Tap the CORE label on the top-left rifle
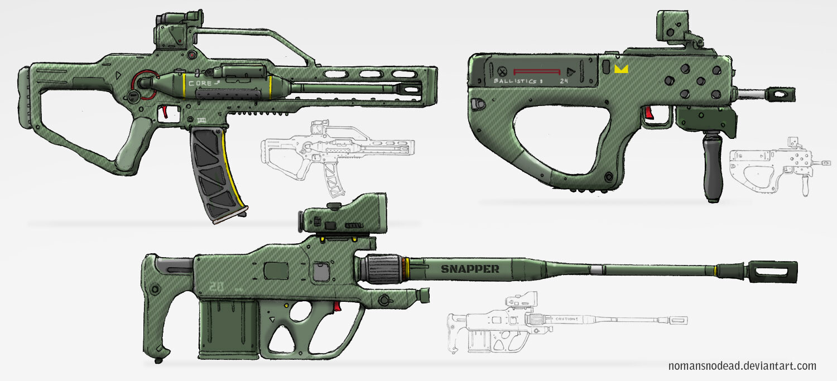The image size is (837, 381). [x=201, y=83]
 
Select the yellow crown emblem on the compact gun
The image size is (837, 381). [x=620, y=70]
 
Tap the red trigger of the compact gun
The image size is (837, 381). [x=650, y=113]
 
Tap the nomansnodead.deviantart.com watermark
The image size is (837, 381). [x=742, y=366]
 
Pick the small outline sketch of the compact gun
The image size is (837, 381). [x=776, y=165]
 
